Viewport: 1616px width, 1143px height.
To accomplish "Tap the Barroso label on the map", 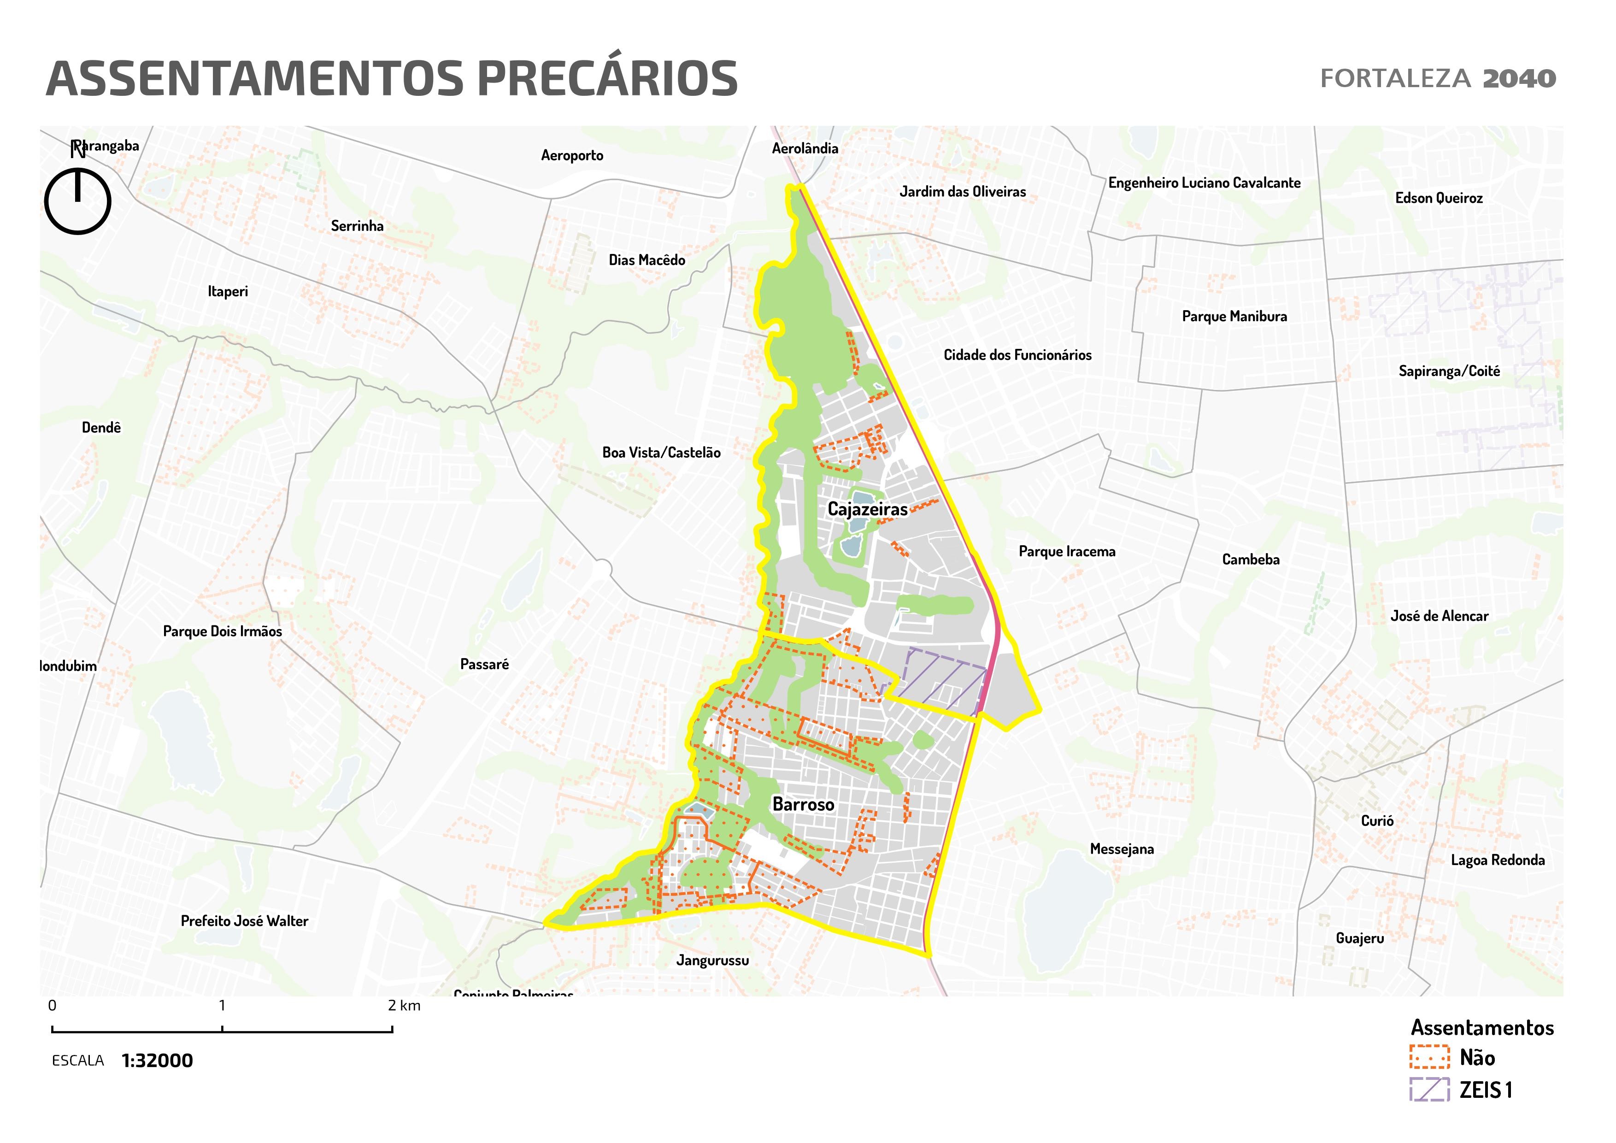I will [803, 804].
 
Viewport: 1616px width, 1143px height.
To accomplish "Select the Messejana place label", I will [1122, 849].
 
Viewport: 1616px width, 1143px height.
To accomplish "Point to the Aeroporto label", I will [571, 155].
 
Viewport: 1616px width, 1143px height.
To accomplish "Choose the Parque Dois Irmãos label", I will [223, 631].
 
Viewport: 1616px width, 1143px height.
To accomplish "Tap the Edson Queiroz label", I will [1439, 198].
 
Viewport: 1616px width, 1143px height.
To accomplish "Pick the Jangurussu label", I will [712, 960].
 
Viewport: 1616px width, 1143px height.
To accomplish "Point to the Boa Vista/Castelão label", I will [661, 453].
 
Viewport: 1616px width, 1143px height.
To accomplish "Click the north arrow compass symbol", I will [77, 200].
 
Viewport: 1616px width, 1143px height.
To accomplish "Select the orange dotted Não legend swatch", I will [1429, 1057].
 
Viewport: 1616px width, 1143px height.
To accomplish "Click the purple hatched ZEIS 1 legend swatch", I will [1429, 1090].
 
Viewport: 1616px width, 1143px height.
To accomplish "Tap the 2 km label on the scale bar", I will [404, 1006].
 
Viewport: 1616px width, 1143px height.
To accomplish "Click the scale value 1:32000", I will [157, 1061].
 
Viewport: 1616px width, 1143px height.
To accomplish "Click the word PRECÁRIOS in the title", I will [607, 79].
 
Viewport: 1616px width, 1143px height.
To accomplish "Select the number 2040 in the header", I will [1519, 79].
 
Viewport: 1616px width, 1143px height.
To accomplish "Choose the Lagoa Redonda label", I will [1498, 860].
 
